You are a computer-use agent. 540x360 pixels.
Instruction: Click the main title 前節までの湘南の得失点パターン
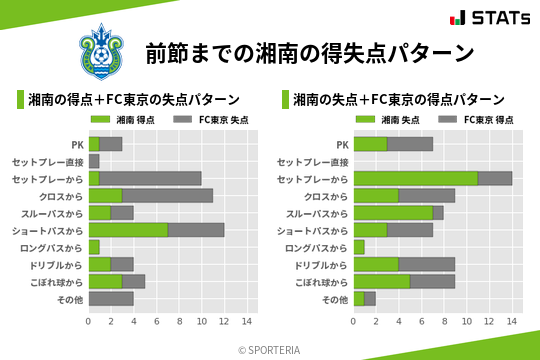click(x=308, y=51)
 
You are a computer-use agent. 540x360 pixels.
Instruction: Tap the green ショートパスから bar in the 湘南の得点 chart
click(x=128, y=230)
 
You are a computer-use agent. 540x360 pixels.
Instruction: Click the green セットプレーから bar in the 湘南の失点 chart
click(x=416, y=178)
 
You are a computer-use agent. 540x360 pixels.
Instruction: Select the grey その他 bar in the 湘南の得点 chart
click(x=111, y=298)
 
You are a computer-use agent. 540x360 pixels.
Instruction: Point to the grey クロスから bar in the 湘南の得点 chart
click(x=168, y=195)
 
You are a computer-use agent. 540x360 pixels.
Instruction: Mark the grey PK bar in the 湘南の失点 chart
click(x=410, y=144)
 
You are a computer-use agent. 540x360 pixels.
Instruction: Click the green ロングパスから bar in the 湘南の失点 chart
click(x=359, y=247)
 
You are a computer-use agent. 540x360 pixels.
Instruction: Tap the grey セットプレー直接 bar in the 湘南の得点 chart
click(x=94, y=161)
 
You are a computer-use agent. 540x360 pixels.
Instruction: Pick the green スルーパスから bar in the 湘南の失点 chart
click(x=393, y=213)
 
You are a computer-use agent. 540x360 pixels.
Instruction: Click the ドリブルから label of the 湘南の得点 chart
click(x=56, y=265)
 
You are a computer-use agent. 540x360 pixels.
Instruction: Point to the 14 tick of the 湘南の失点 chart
click(x=512, y=321)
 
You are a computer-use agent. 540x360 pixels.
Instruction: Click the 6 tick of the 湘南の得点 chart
click(x=156, y=321)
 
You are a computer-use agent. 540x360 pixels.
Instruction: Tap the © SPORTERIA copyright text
click(x=269, y=349)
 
